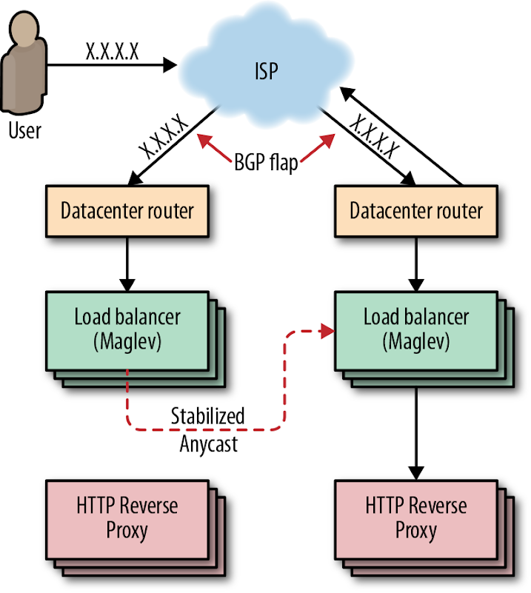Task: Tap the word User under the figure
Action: [25, 131]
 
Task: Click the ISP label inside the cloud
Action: [266, 73]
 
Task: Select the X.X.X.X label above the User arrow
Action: [111, 53]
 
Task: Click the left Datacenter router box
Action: [127, 210]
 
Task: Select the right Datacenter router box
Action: [416, 210]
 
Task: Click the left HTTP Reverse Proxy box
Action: [127, 517]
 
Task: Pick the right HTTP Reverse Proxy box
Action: [416, 517]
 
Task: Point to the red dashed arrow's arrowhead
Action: [326, 334]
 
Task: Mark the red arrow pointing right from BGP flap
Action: [315, 146]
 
